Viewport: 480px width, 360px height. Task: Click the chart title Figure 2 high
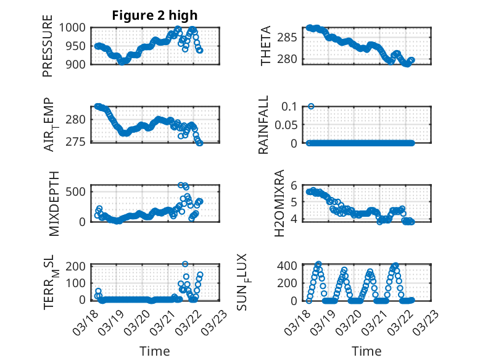154,15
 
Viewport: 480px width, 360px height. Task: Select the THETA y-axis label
266,46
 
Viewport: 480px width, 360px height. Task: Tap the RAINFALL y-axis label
263,125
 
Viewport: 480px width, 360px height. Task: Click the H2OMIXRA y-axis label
278,203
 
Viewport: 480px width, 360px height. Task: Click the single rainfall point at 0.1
311,106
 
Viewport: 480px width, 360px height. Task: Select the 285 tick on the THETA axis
292,38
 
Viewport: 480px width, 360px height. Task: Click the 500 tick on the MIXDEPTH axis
80,191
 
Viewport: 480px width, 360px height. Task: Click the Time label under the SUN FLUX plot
366,351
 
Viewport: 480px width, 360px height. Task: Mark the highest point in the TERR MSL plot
185,264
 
